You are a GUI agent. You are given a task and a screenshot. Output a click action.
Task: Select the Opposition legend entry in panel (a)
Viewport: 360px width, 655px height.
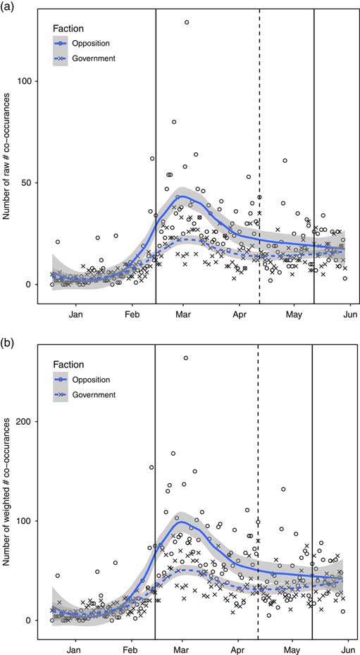point(89,43)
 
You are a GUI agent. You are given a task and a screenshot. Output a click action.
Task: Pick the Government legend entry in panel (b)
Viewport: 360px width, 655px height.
point(89,394)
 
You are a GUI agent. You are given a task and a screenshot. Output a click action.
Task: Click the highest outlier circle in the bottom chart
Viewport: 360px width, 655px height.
point(186,358)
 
